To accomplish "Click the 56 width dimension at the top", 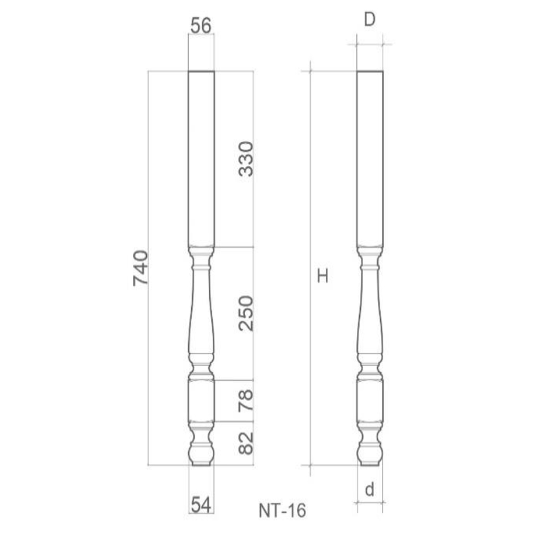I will [x=201, y=25].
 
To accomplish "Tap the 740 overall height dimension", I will [x=141, y=268].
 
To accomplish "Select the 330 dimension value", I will [x=246, y=159].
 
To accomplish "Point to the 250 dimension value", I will [x=246, y=313].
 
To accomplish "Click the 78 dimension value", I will [x=246, y=400].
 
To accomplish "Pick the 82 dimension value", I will [x=246, y=443].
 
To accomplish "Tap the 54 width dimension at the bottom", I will [x=201, y=505].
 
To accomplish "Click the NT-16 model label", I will [x=282, y=511].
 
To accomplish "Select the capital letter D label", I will [x=369, y=20].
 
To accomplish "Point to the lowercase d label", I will [x=369, y=490].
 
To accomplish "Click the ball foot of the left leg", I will [x=201, y=453].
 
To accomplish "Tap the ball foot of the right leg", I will [x=370, y=453].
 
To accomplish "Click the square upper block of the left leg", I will [x=201, y=159].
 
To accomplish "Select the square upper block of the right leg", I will [x=370, y=159].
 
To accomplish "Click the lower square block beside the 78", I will [x=201, y=400].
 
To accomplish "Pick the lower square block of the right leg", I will [x=370, y=400].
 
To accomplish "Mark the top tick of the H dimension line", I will [x=310, y=72].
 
